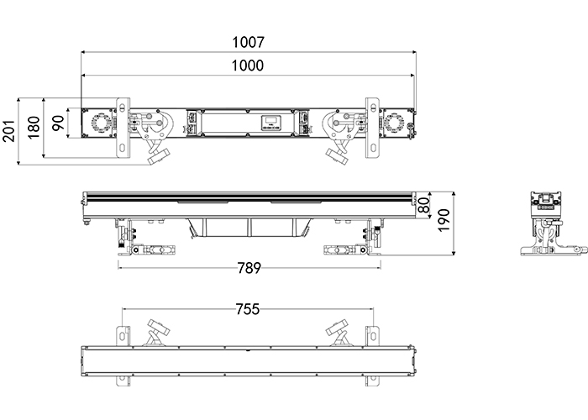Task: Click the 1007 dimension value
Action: [x=249, y=41]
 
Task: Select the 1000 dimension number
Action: [x=249, y=66]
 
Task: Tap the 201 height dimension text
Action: [x=9, y=130]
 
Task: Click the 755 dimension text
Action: [x=249, y=309]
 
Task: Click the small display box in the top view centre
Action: [x=270, y=123]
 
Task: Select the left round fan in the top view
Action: [x=99, y=123]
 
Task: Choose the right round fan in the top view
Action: [x=395, y=123]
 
